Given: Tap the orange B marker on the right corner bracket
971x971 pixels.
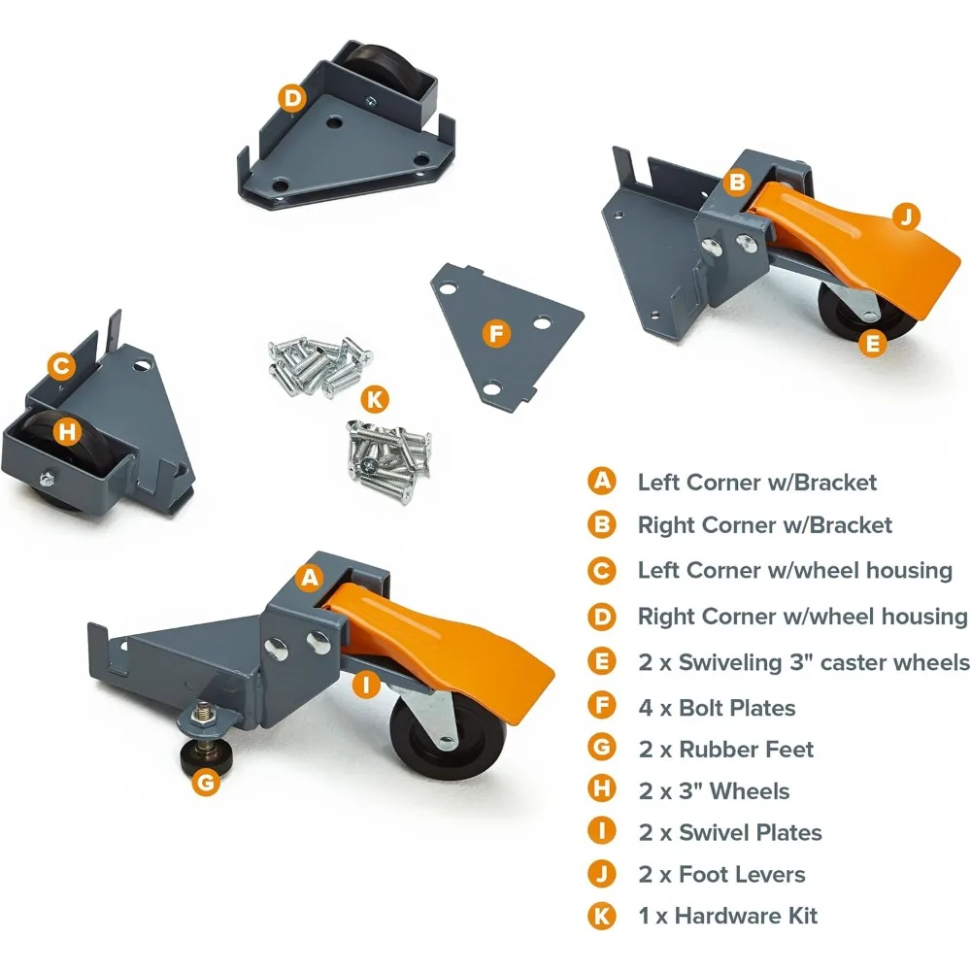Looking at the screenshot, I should [x=737, y=182].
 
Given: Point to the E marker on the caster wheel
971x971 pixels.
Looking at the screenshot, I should [x=873, y=342].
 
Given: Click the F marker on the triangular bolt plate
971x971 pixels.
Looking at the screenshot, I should [x=496, y=335].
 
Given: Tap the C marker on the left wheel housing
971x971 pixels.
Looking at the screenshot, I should [x=61, y=366].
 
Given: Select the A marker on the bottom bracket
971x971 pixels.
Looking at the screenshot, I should [x=310, y=578].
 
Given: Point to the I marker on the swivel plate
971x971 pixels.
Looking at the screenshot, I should [x=365, y=686].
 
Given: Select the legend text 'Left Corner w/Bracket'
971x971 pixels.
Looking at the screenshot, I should [x=756, y=482].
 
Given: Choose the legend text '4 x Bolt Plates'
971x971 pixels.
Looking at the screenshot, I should [x=716, y=707].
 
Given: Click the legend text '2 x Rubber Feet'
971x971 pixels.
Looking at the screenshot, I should [x=725, y=749].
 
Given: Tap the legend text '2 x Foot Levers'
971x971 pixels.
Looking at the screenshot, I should [x=721, y=874].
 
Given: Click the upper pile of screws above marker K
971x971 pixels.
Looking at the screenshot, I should [x=316, y=362].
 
